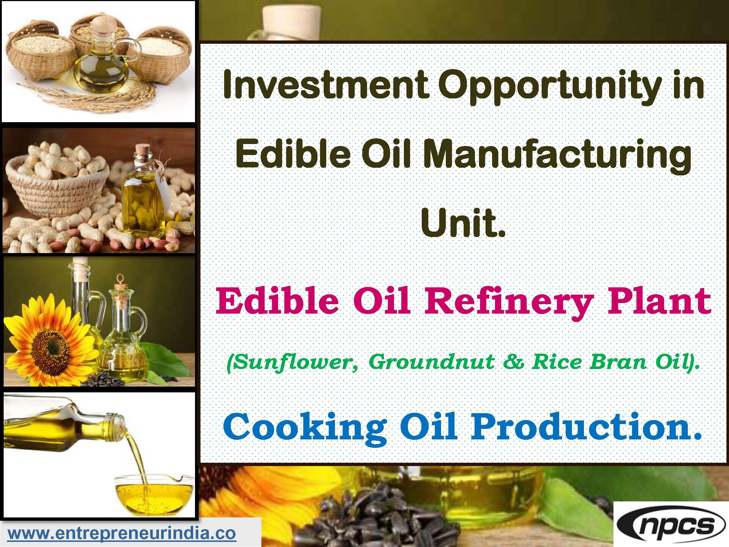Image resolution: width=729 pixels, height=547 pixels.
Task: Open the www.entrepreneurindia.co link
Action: pos(122,534)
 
